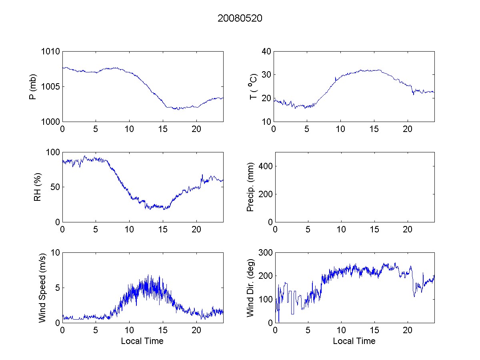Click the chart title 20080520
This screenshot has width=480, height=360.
point(240,18)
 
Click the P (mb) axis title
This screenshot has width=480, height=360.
point(34,87)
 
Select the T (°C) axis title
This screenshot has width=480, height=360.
point(253,86)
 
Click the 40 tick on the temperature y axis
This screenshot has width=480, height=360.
point(267,52)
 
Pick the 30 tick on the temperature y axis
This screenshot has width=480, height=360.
point(267,75)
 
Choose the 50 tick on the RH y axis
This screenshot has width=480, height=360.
point(55,187)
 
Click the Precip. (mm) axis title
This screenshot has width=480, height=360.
point(251,187)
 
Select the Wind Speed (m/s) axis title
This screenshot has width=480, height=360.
point(42,288)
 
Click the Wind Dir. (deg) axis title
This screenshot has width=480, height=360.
point(251,288)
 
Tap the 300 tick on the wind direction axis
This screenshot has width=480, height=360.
point(265,253)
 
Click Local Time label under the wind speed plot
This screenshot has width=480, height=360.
point(142,341)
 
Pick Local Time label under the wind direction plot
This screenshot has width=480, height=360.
point(354,341)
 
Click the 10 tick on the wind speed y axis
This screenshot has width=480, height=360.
point(55,253)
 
